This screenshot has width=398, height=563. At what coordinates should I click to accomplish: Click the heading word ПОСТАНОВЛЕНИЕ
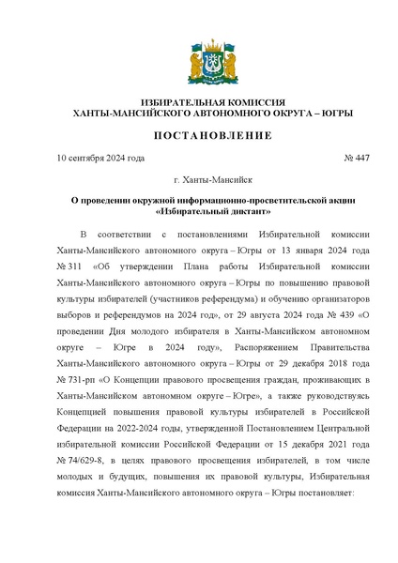[x=199, y=135]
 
